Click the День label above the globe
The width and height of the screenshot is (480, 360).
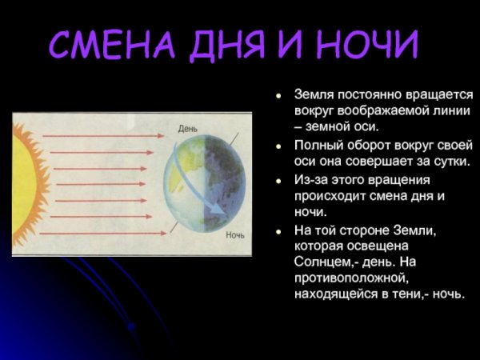coord(187,128)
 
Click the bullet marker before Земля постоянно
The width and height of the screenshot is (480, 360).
coord(278,95)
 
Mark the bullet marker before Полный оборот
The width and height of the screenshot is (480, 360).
coord(278,147)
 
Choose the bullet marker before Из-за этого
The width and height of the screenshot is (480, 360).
coord(278,182)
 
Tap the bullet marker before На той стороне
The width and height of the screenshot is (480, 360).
coord(278,231)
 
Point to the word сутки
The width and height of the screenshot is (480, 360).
coord(444,162)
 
